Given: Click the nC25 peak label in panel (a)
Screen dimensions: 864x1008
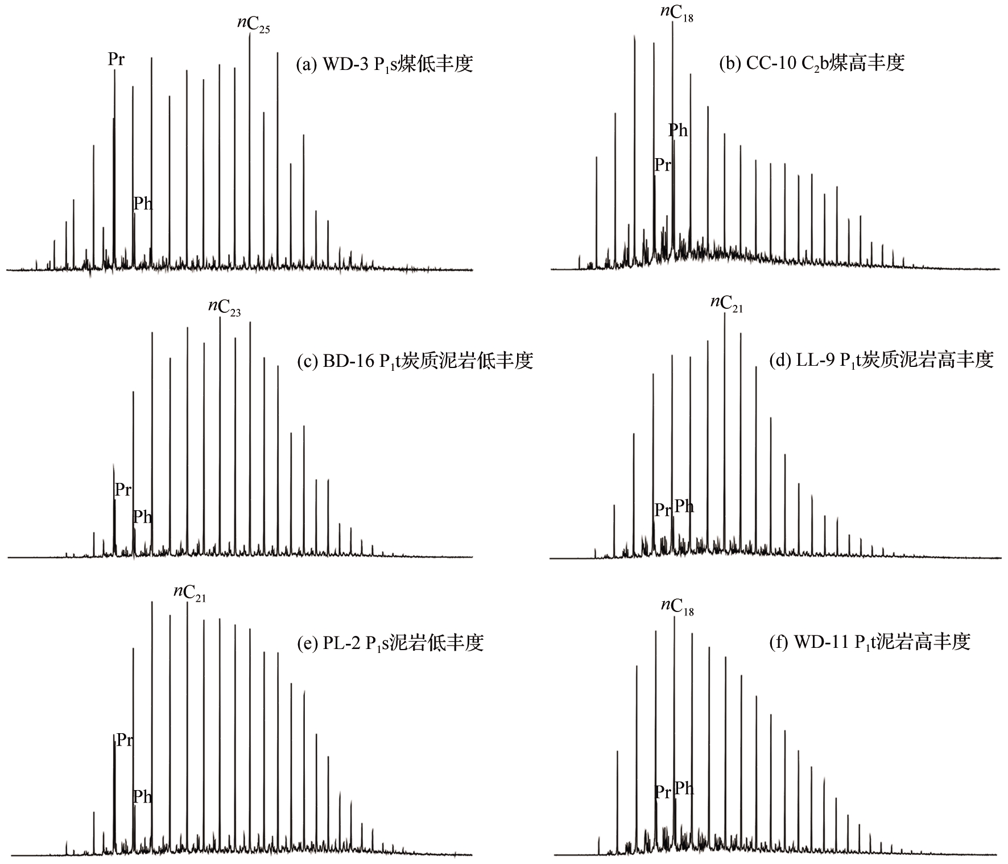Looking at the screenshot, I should [x=253, y=25].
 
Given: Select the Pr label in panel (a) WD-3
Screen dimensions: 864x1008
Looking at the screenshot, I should [x=116, y=60].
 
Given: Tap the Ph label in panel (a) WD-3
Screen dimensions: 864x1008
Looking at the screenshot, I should [x=143, y=203].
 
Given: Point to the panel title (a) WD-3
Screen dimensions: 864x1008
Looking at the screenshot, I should [x=385, y=64].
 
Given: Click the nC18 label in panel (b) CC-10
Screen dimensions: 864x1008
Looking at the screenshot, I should [x=677, y=14].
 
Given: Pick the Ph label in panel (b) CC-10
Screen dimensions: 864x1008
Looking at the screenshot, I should [x=678, y=130].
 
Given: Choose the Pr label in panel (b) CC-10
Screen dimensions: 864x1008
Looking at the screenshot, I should [x=663, y=165].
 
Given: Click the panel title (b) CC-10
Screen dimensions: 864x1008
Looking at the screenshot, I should [x=812, y=63].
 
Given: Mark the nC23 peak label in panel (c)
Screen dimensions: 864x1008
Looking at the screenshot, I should [x=224, y=308].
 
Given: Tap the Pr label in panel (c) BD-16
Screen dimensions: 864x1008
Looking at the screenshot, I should [x=123, y=489].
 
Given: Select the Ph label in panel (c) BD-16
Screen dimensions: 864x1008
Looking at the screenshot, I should [x=143, y=516].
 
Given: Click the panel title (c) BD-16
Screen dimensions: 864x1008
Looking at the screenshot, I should [x=415, y=361].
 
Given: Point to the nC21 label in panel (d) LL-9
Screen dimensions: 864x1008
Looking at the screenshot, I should [x=726, y=304].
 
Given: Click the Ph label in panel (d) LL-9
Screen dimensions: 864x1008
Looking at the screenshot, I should [x=684, y=506].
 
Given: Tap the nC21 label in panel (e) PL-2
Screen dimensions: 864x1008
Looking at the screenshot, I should [x=189, y=592].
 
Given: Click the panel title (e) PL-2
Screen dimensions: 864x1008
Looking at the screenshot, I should [x=390, y=643].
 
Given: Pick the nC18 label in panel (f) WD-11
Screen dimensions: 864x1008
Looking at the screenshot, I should [x=677, y=606].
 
